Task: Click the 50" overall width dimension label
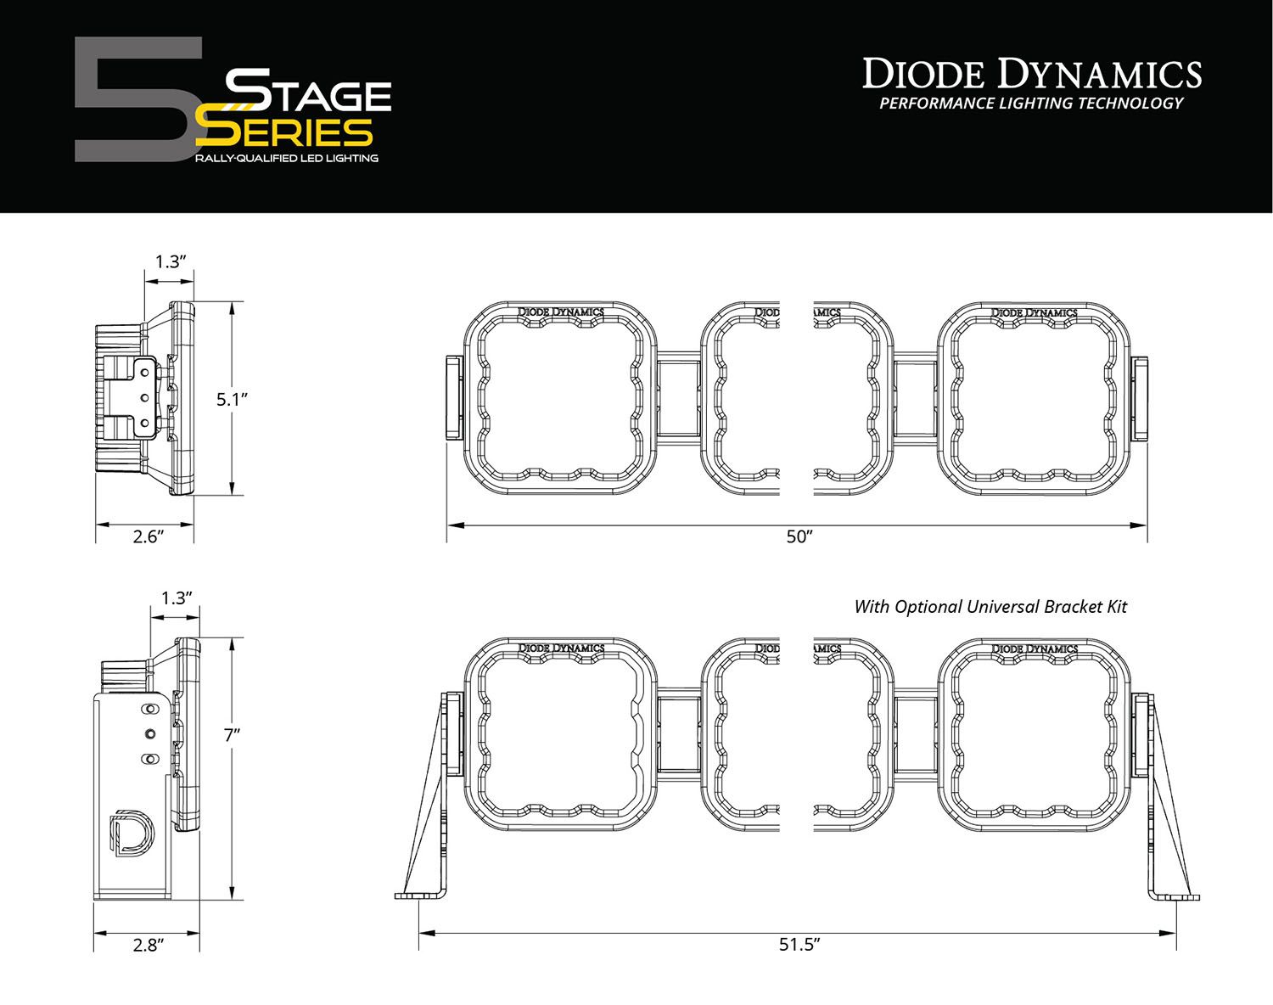[799, 537]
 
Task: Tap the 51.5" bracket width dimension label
[798, 945]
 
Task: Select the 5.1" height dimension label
[231, 399]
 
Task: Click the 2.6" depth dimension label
[147, 536]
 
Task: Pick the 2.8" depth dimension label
[147, 945]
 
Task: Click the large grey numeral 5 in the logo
[136, 99]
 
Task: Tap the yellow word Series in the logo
[284, 132]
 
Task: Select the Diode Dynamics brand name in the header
[1032, 75]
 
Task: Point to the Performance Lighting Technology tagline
[1031, 104]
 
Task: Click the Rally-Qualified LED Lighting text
[286, 159]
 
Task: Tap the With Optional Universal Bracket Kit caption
[990, 607]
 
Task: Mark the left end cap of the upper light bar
[451, 398]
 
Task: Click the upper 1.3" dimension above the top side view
[170, 261]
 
